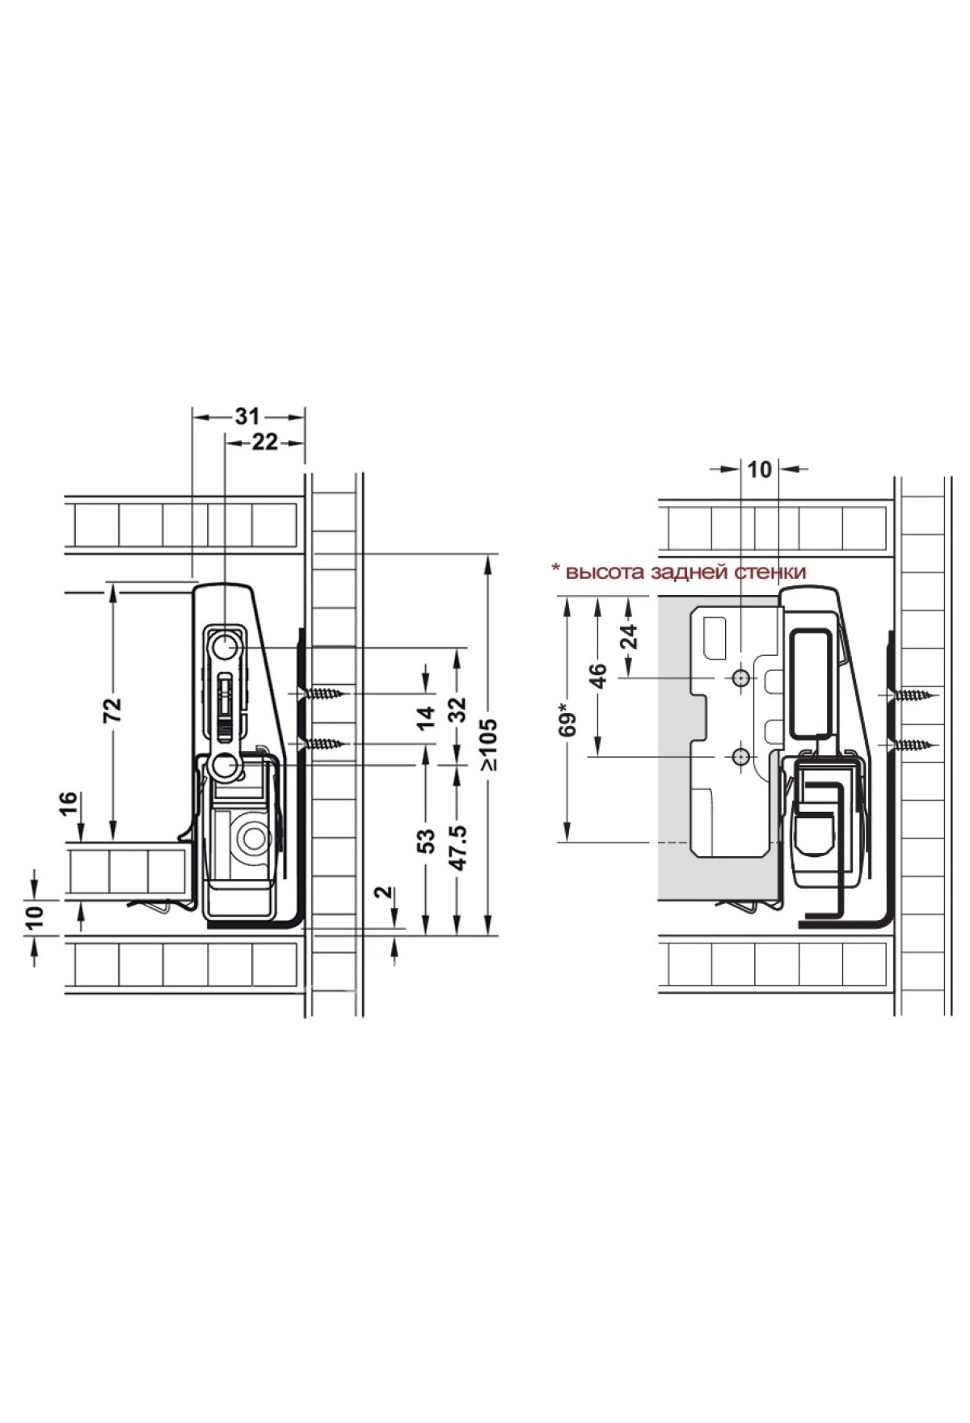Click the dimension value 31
tap(247, 416)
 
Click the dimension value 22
tap(265, 442)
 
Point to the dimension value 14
tap(427, 716)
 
